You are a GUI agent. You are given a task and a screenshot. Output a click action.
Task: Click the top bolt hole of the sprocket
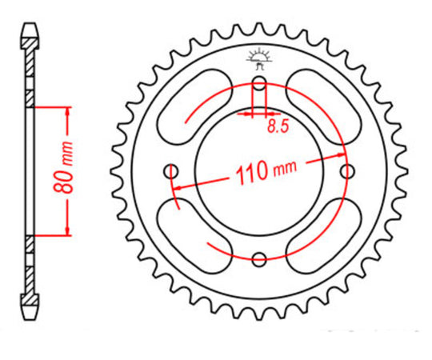pyautogui.click(x=259, y=86)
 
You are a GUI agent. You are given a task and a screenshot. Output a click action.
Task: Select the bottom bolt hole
pyautogui.click(x=259, y=258)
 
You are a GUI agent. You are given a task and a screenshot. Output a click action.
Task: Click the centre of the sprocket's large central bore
pyautogui.click(x=259, y=171)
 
